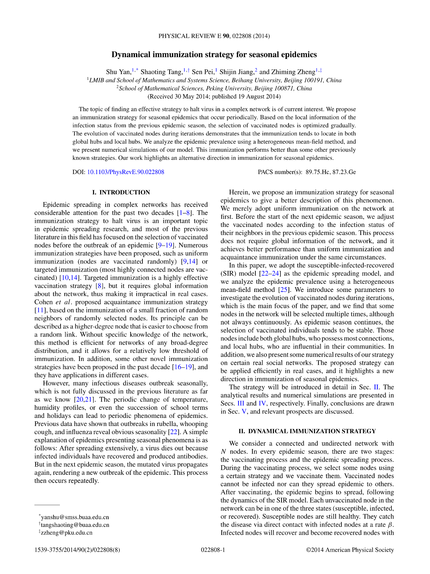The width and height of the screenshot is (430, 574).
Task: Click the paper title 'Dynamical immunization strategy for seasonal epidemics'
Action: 214,55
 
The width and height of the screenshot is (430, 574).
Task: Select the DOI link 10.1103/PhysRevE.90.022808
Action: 126,172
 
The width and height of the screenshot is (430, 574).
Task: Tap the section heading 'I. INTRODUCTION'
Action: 121,192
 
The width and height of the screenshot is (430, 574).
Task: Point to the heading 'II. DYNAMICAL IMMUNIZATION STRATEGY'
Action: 307,431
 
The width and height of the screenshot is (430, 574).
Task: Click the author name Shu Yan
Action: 118,72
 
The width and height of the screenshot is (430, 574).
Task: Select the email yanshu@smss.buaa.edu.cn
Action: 75,517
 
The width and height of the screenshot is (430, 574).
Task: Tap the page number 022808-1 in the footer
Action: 213,550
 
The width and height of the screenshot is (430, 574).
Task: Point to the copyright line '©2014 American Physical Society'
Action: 350,550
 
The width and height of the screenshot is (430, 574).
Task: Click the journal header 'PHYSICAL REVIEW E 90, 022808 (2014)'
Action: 214,36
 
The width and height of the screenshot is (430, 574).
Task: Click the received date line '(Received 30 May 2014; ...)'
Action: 214,97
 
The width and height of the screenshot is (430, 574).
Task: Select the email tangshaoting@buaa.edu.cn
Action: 75,525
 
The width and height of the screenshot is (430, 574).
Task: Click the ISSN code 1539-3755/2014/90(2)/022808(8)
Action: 77,550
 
